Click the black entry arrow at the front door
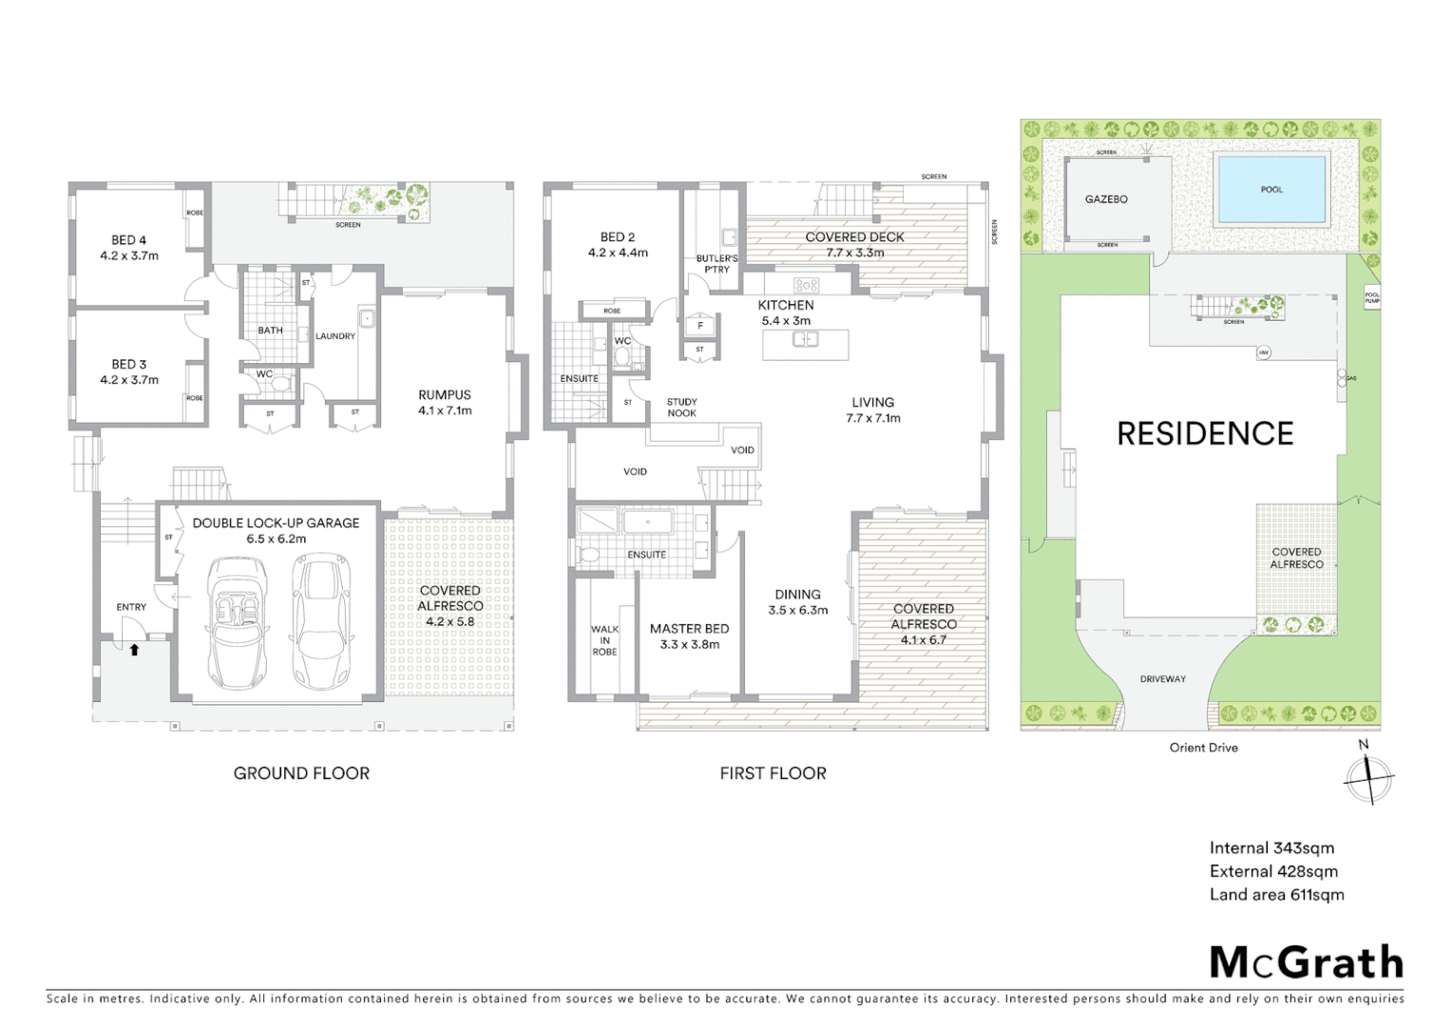(134, 650)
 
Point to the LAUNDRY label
(335, 336)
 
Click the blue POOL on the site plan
(1271, 189)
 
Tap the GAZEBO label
(1106, 199)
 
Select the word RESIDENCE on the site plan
(1205, 434)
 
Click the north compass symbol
(1367, 775)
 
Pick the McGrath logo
(1306, 962)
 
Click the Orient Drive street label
(1203, 748)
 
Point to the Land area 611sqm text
(1276, 895)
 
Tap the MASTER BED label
(689, 629)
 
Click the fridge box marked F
(700, 326)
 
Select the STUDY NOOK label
(681, 408)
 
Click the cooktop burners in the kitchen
(806, 284)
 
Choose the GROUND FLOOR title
(301, 773)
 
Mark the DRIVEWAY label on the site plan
(1163, 679)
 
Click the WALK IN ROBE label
(604, 640)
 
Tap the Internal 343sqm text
(1271, 848)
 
